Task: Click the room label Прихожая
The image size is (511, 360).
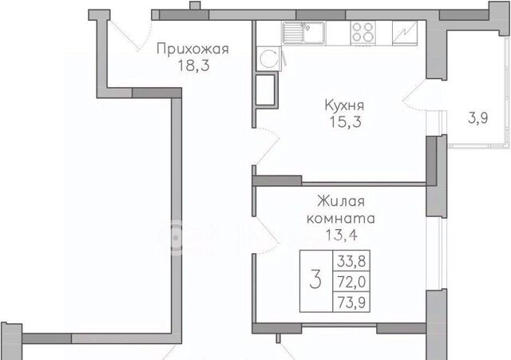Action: coord(192,49)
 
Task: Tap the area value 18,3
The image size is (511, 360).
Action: coord(193,66)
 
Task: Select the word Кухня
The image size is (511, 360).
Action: coord(344,106)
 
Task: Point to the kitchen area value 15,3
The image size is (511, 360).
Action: coord(346,122)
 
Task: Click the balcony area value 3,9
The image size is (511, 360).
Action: coord(478,118)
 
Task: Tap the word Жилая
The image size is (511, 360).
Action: coord(341,201)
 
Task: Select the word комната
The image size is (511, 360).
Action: coord(341,218)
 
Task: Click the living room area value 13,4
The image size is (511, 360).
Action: coord(342,235)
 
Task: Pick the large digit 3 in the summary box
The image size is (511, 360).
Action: coord(315,280)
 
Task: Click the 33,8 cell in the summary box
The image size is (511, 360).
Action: coord(351,261)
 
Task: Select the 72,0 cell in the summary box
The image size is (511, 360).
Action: coord(351,282)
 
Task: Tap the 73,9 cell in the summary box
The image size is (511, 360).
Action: coord(351,303)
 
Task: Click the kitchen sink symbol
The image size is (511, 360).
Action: coord(303,33)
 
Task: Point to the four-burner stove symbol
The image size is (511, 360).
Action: coord(362,33)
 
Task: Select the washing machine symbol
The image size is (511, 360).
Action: coord(269,58)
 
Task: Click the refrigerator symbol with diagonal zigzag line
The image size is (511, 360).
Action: coord(405,33)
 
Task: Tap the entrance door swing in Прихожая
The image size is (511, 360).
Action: coord(133,35)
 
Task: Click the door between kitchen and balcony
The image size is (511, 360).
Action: coord(414,95)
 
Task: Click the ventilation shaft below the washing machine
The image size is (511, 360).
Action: coord(267,89)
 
